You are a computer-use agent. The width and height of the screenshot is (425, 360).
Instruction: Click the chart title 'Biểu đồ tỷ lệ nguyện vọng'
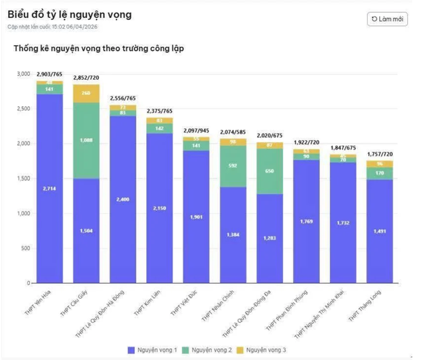click(x=70, y=15)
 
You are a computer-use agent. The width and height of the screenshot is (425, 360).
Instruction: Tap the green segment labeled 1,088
click(x=86, y=140)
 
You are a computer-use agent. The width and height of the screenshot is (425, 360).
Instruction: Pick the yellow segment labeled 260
click(x=86, y=94)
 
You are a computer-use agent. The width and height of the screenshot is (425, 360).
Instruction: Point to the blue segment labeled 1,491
click(x=379, y=231)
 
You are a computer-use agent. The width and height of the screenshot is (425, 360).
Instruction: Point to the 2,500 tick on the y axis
click(x=23, y=108)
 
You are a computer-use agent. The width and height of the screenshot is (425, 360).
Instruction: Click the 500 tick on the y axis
click(x=25, y=248)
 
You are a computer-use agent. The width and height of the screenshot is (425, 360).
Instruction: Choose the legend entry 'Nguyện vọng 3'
click(x=269, y=349)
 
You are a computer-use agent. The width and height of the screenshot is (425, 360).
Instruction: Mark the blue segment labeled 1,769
click(x=306, y=221)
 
